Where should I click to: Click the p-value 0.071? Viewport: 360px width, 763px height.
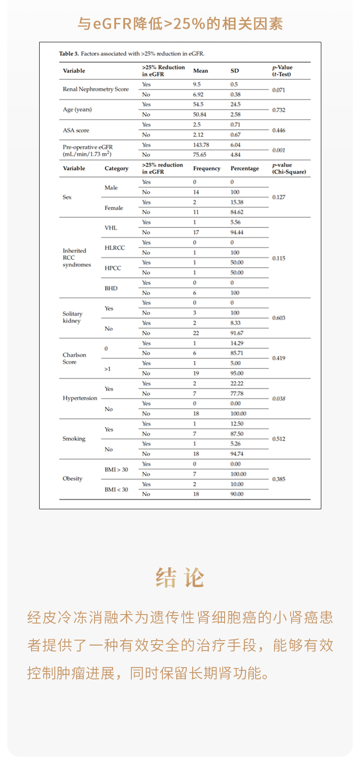point(279,90)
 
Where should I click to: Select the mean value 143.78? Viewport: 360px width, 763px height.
point(201,145)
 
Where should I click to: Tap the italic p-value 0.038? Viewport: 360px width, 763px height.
point(279,399)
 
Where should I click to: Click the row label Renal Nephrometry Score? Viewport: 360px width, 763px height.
point(95,89)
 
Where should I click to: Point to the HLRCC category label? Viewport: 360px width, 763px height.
point(115,248)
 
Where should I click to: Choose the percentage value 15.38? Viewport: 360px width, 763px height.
point(237,202)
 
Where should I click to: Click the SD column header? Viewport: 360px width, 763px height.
point(234,71)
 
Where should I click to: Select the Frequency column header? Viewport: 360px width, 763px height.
point(207,168)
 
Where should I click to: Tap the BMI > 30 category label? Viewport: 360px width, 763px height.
point(116,470)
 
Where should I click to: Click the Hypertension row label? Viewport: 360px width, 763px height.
point(80,398)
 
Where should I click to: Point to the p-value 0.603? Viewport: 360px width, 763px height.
point(279,318)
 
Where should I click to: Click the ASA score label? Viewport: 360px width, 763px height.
point(76,130)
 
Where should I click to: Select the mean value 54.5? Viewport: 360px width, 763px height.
point(198,104)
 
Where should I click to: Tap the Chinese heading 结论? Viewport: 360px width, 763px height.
point(180,578)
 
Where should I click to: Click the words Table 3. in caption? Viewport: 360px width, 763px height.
point(69,54)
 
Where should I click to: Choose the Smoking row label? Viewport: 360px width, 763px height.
point(74,439)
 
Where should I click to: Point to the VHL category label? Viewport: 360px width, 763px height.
point(111,228)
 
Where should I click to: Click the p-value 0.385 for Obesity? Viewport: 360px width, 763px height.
point(279,479)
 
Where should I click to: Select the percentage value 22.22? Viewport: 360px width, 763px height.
point(237,384)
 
